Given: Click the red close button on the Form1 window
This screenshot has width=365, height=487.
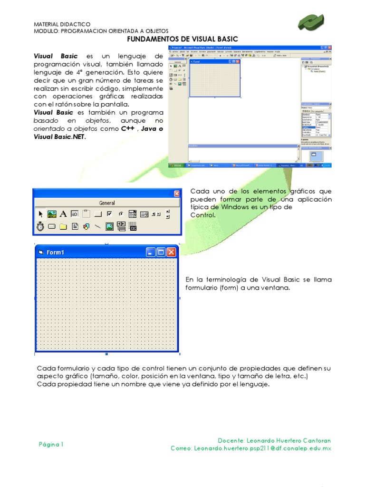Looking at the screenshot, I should [x=171, y=253].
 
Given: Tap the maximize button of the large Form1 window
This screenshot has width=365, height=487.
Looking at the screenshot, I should [x=161, y=253].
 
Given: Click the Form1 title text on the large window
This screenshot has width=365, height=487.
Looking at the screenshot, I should [x=55, y=253].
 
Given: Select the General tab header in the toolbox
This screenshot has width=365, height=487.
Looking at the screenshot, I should [x=106, y=203].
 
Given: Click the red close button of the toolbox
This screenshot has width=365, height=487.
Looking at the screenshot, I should [x=177, y=194].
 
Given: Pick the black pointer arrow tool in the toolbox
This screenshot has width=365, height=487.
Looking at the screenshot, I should [x=41, y=214].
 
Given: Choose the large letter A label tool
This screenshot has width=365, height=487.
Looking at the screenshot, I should [x=63, y=214].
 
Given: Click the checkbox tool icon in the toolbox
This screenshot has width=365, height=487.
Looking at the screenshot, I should [x=110, y=214].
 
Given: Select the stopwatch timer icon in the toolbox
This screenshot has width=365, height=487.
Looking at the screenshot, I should [x=41, y=227].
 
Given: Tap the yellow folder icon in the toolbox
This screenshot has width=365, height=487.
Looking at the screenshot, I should [x=63, y=227].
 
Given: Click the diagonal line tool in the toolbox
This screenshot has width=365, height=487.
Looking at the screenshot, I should [x=98, y=227].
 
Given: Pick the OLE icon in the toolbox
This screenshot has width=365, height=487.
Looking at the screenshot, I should [x=133, y=227].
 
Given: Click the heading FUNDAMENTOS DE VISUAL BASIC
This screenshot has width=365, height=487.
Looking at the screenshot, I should [x=183, y=39].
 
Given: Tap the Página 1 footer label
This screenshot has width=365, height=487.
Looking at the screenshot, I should [x=51, y=445].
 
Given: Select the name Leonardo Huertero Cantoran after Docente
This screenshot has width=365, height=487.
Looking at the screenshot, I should [x=289, y=440].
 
